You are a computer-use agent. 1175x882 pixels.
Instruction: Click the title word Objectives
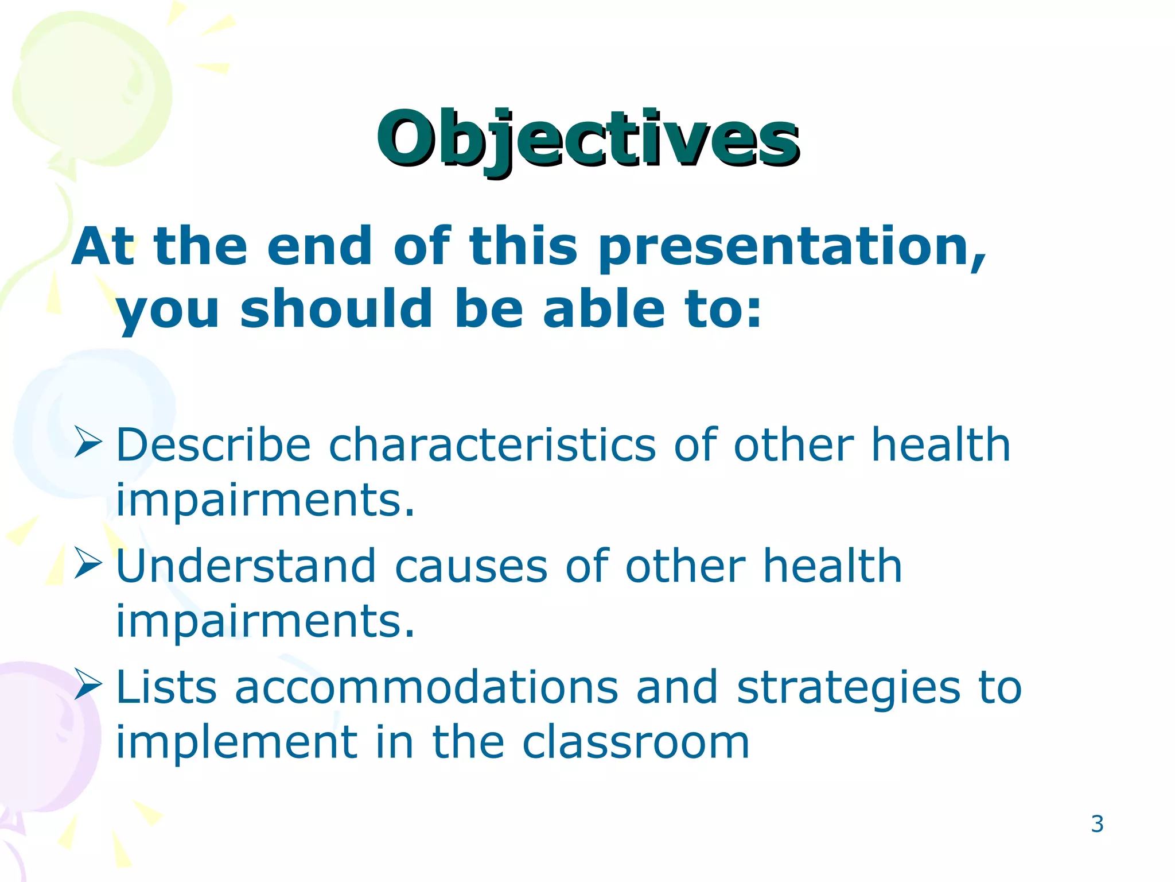[x=587, y=139]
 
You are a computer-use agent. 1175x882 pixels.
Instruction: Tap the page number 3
[x=1097, y=825]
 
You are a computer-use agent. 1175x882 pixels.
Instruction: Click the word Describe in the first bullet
[x=213, y=445]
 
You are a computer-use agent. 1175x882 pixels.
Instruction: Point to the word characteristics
[x=492, y=445]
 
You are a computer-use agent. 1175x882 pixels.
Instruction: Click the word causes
[x=470, y=566]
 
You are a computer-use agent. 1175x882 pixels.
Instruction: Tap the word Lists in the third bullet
[x=166, y=687]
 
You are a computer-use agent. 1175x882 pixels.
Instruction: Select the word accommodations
[x=426, y=687]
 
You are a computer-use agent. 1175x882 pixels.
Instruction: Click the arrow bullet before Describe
[x=88, y=443]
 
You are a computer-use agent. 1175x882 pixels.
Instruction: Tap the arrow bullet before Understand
[x=88, y=564]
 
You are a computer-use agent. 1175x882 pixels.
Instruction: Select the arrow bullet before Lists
[x=88, y=684]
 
